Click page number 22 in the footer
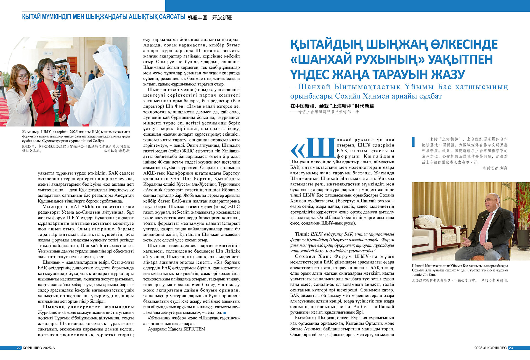(19, 348)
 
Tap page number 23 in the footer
(511, 348)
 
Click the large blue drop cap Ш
(322, 148)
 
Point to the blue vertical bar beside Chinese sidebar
(413, 141)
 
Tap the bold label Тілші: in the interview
(302, 234)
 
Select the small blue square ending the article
(224, 312)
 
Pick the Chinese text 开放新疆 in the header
(222, 18)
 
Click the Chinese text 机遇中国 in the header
(197, 18)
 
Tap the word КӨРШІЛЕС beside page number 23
(497, 348)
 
